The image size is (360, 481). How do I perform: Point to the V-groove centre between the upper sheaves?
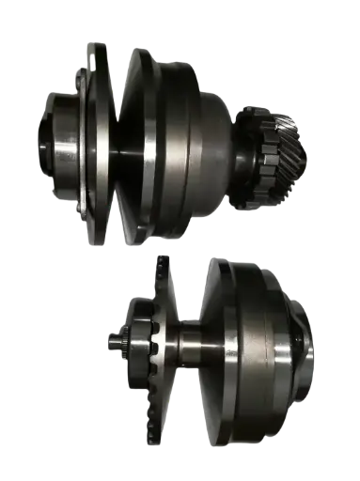pos(119,141)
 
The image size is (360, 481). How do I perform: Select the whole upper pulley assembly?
pos(160,141)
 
